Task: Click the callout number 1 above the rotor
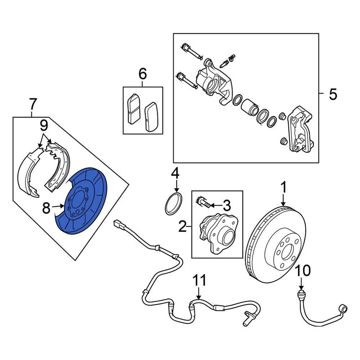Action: click(283, 186)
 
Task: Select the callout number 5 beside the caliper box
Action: click(333, 94)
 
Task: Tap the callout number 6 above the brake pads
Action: click(142, 74)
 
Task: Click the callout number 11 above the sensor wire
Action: click(199, 280)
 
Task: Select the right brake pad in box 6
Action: click(150, 116)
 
